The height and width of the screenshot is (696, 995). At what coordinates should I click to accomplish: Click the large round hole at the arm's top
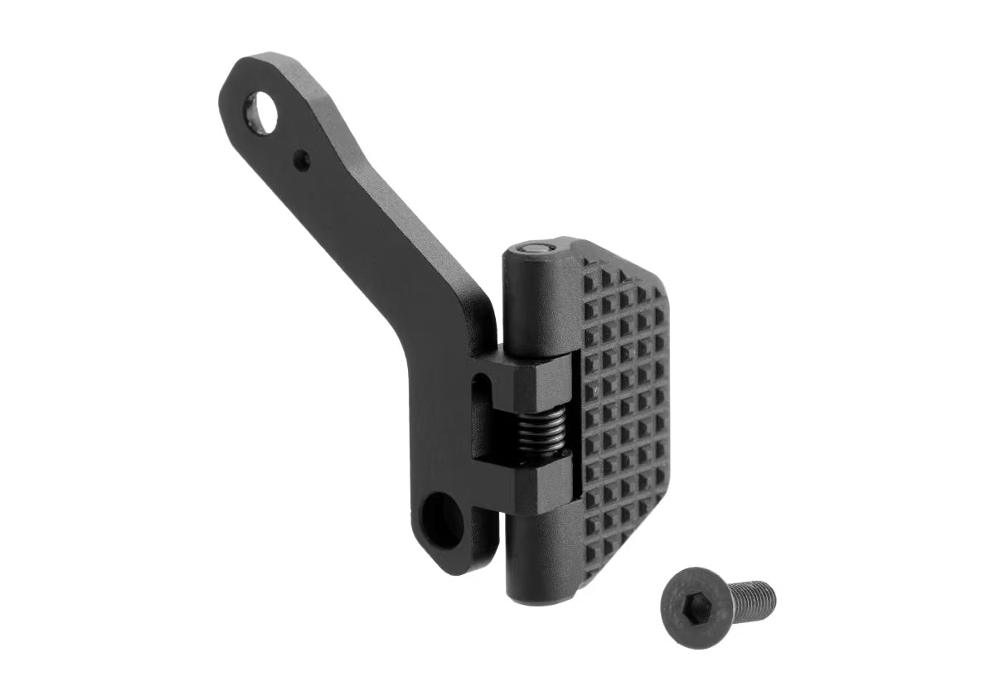[x=264, y=113]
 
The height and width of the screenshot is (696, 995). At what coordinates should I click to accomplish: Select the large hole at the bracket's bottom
[x=444, y=520]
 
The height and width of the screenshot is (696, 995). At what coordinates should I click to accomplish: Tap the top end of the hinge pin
[x=536, y=247]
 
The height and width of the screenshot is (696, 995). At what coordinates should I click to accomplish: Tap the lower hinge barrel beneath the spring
[x=543, y=547]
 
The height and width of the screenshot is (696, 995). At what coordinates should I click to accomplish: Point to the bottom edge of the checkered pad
[x=618, y=572]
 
